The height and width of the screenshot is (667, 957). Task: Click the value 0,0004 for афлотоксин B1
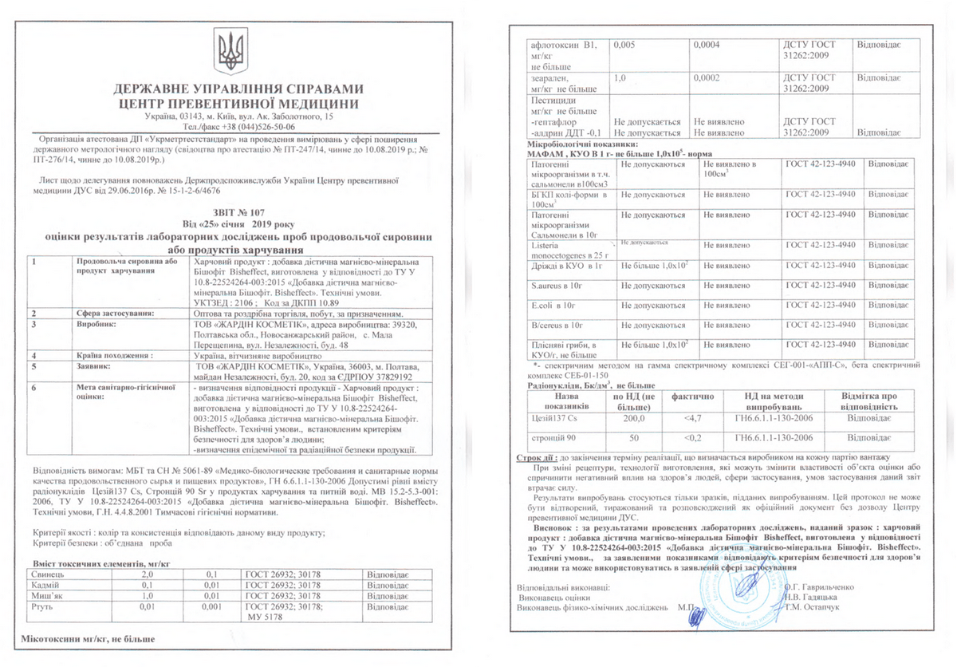[x=707, y=45]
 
